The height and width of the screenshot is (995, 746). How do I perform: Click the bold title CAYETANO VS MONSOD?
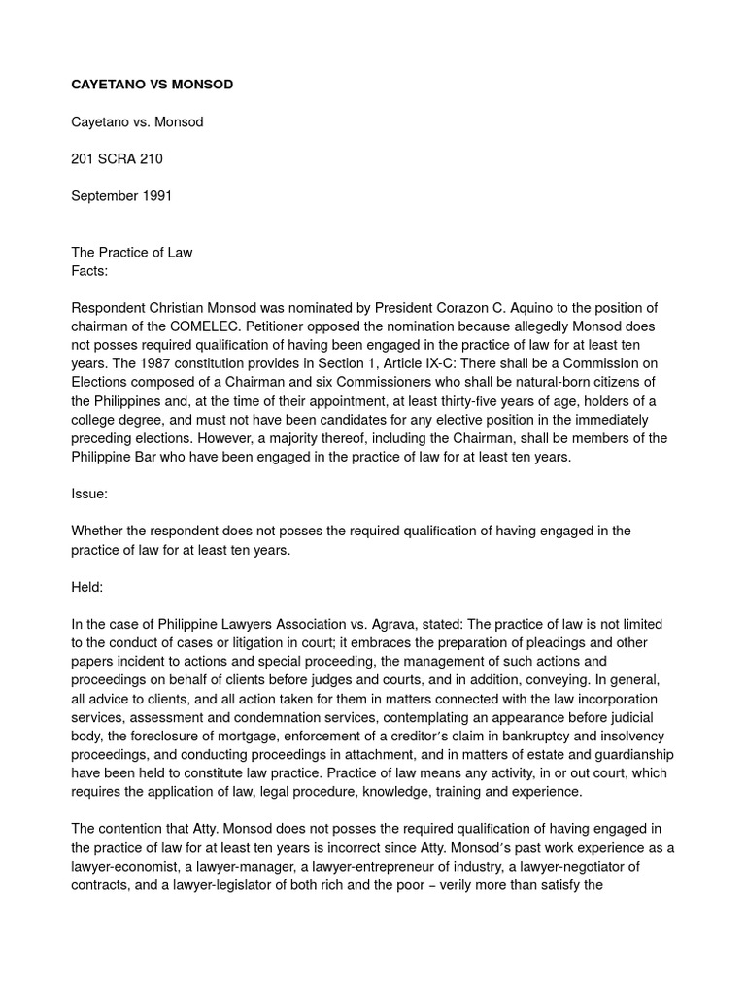(152, 85)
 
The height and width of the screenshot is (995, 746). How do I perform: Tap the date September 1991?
(121, 196)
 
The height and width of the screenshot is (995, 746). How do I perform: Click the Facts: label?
(89, 271)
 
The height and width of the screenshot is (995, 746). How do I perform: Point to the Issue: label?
(89, 494)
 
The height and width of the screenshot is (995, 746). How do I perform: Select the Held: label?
(87, 587)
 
